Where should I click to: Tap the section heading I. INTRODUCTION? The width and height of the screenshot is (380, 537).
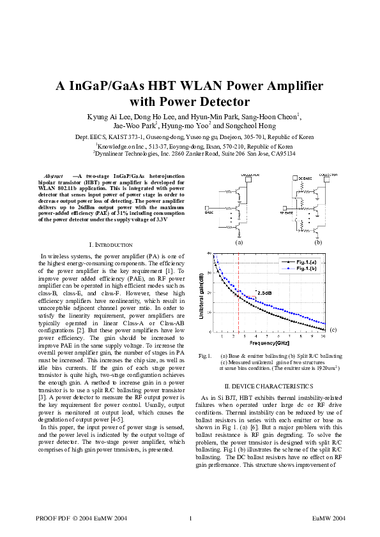(x=110, y=244)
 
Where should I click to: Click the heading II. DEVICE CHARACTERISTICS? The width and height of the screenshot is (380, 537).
(x=269, y=386)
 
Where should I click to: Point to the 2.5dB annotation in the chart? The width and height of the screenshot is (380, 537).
(x=264, y=293)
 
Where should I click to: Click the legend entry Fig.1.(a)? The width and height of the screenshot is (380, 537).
(x=308, y=262)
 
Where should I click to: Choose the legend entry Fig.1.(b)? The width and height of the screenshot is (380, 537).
(x=308, y=269)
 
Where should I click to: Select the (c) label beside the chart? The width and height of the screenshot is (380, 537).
(x=333, y=329)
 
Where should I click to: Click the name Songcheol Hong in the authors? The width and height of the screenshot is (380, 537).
(x=257, y=126)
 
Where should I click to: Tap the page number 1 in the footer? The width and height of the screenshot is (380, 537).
(x=190, y=518)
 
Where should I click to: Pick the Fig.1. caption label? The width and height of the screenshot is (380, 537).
(x=205, y=356)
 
